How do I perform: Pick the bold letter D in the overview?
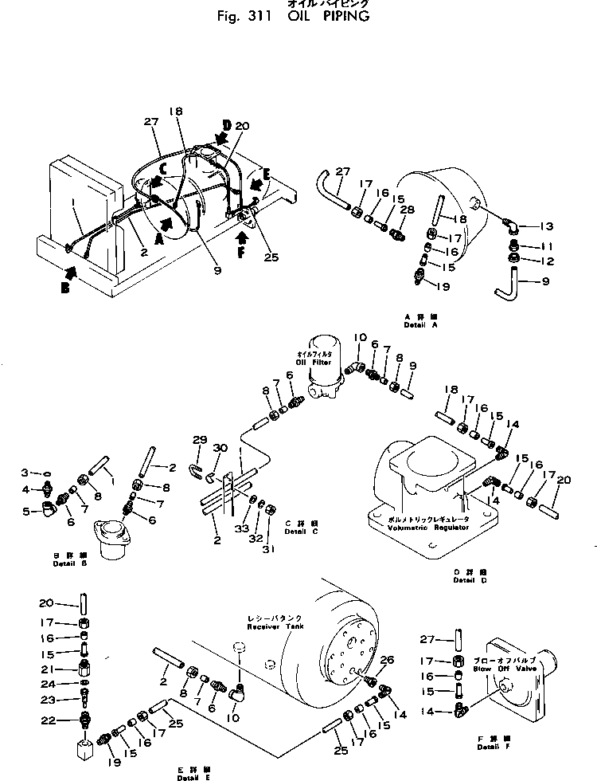click(227, 125)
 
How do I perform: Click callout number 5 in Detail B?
click(25, 512)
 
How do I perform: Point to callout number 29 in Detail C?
click(200, 440)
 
